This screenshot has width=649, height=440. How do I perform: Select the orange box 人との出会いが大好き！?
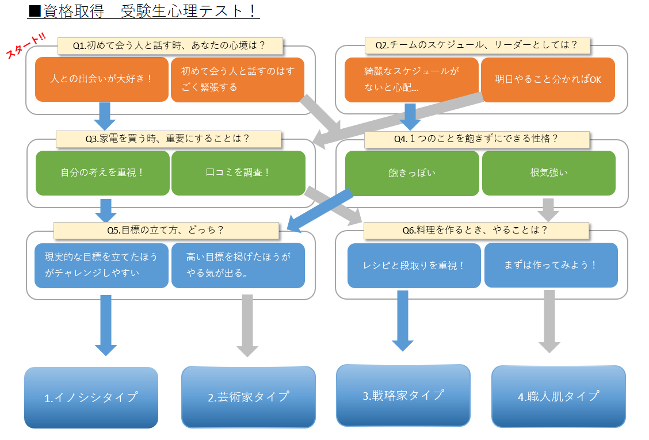point(102,79)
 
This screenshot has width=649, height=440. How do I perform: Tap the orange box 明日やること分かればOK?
point(548,79)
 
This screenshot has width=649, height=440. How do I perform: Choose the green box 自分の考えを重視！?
point(102,173)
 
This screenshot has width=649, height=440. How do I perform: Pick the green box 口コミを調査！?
point(238,173)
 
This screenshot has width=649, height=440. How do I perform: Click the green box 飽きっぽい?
point(411,173)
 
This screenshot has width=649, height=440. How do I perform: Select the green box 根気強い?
point(549,173)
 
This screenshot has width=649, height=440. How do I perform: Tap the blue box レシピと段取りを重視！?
point(414,265)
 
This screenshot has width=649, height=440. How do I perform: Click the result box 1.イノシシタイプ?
point(91,397)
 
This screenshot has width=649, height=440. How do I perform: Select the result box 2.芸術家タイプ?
point(248,397)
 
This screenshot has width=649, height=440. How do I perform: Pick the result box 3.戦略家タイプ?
point(403,395)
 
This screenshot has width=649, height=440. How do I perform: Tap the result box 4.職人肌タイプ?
point(558,396)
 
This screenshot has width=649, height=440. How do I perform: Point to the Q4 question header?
point(476,139)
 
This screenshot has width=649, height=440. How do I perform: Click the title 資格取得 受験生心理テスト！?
point(144,12)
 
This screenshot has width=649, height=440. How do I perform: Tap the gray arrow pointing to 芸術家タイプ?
point(247,325)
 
